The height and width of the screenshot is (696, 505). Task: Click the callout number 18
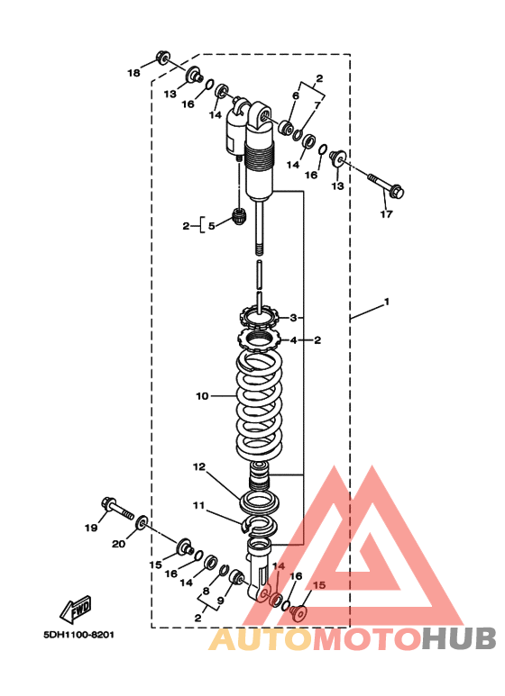(x=133, y=73)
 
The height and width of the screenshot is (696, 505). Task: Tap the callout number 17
(x=386, y=214)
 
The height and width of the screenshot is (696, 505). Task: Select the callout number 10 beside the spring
(x=202, y=395)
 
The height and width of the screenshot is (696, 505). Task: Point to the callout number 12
(x=199, y=466)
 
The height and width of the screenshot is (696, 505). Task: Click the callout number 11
(x=198, y=505)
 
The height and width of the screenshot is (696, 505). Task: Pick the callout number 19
(x=91, y=528)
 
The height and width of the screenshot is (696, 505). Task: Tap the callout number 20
(x=118, y=544)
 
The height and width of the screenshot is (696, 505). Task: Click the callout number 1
(x=387, y=302)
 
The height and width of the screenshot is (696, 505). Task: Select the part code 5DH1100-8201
(x=78, y=635)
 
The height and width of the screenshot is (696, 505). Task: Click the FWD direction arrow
(x=76, y=609)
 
